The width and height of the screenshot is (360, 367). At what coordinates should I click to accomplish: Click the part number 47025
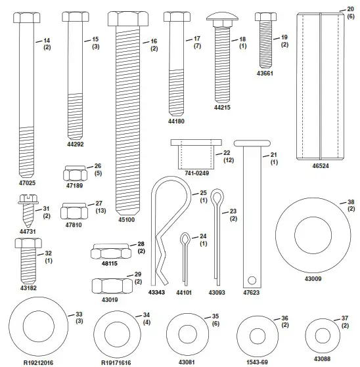click(27, 183)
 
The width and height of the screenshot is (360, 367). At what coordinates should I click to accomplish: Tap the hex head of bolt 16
click(128, 18)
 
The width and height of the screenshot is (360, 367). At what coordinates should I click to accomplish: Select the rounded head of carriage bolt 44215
click(222, 16)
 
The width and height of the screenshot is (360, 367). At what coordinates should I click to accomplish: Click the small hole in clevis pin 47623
click(252, 280)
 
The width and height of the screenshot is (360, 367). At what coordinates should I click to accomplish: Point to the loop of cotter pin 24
click(185, 239)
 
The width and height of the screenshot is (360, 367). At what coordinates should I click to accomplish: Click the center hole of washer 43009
click(313, 235)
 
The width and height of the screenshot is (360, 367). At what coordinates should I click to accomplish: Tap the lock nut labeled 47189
click(75, 173)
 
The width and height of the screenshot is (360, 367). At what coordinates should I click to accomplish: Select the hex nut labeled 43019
click(112, 286)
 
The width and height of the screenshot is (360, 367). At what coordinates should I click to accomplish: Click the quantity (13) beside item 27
click(101, 211)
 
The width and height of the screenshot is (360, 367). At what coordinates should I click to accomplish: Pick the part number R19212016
click(38, 363)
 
